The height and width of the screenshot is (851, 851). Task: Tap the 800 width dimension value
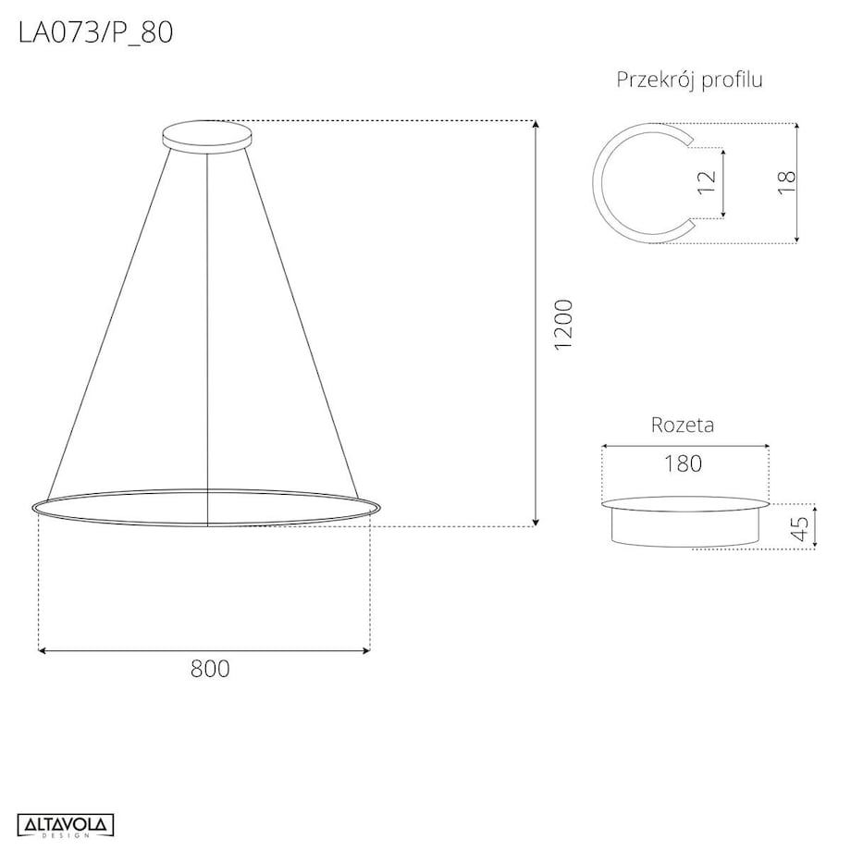click(x=210, y=669)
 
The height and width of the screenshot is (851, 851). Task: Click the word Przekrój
click(x=655, y=80)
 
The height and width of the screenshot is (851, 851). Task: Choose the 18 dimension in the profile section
click(x=787, y=182)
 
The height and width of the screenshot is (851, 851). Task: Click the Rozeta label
click(x=683, y=425)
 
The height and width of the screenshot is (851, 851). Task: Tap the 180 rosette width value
click(x=683, y=463)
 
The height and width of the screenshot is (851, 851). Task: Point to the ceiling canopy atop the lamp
click(x=206, y=136)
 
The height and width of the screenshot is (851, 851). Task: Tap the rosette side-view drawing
click(x=684, y=524)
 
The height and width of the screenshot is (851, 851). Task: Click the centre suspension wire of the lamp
click(x=207, y=324)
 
